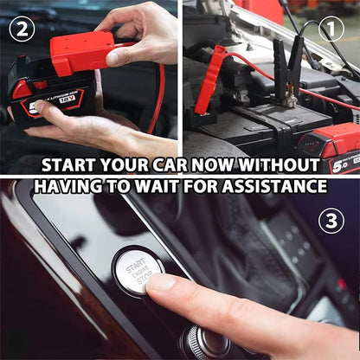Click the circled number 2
(x=22, y=29)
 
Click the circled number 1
(x=331, y=29)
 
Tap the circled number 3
(x=331, y=221)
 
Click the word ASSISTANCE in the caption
(x=279, y=186)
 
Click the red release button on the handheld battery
(x=22, y=88)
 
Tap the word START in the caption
(x=72, y=164)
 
